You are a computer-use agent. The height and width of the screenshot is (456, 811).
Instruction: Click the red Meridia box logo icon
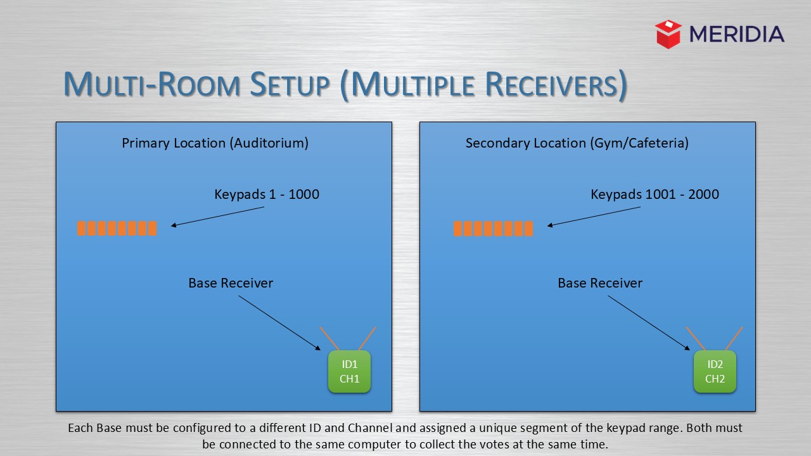tap(668, 34)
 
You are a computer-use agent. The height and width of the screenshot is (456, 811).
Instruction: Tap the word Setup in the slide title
tap(289, 85)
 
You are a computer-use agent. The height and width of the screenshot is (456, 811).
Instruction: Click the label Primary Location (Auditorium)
tap(215, 143)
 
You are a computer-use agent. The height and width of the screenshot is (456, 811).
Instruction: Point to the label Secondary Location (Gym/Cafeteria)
tap(577, 143)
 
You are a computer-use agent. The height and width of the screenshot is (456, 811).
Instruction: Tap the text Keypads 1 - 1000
tap(267, 194)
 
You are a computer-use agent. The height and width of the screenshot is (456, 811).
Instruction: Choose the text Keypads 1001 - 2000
tap(655, 194)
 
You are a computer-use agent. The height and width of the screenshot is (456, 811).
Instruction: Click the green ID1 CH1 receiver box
tap(349, 372)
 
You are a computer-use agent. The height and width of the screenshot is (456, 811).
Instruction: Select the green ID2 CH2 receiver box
tap(715, 372)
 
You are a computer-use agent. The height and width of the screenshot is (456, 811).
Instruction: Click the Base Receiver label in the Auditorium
tap(231, 283)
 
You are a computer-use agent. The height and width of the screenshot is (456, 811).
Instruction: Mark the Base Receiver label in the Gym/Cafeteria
tap(600, 283)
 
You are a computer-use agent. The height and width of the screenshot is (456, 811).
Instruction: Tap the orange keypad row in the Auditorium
tap(117, 228)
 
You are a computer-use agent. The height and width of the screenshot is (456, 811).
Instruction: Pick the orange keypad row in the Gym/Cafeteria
tap(493, 228)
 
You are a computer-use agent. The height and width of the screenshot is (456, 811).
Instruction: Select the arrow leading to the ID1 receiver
tap(279, 322)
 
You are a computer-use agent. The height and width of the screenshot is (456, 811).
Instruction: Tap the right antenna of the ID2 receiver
tap(734, 339)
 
